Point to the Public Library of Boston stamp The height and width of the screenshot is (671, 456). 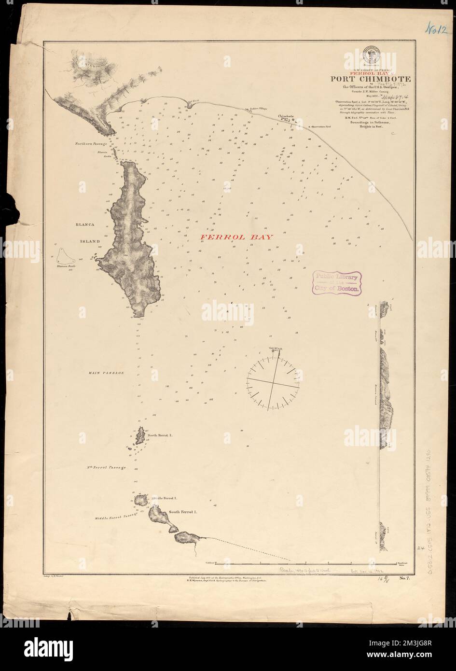[x=338, y=282]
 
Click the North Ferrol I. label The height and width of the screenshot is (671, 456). [x=160, y=435]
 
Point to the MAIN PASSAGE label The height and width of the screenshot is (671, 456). [x=107, y=373]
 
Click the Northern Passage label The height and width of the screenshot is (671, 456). [x=91, y=144]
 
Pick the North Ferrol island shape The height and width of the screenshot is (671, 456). [x=139, y=435]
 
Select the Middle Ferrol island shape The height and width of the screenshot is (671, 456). [x=141, y=499]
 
